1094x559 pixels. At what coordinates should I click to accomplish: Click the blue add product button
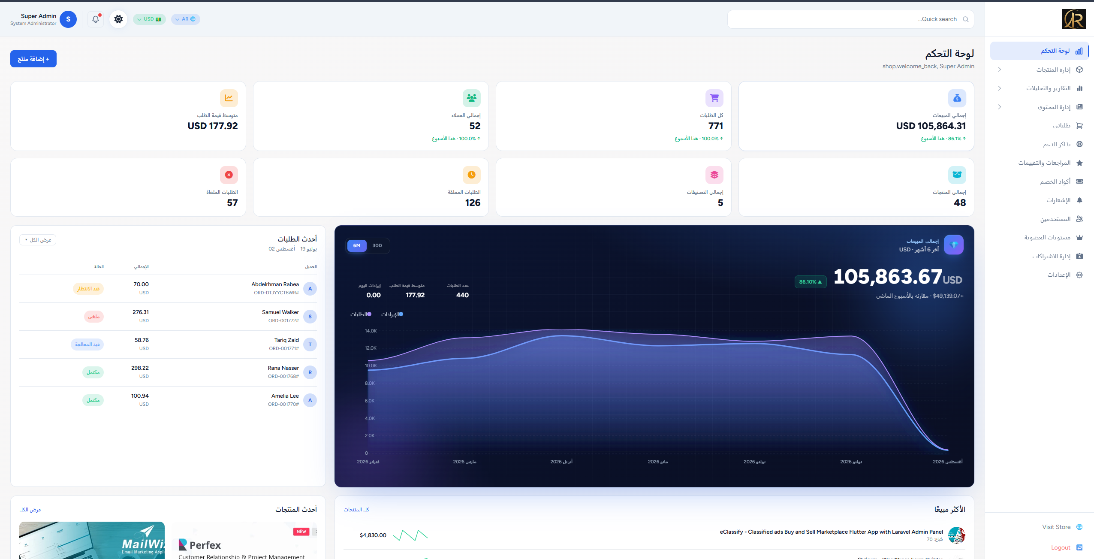point(33,59)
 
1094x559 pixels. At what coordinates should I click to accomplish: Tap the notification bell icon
point(96,19)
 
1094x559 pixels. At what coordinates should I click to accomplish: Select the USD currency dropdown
point(149,19)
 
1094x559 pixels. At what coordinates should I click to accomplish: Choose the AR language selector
point(186,19)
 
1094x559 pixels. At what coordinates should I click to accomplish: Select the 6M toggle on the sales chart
point(357,245)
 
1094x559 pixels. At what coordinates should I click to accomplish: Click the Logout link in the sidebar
point(1061,547)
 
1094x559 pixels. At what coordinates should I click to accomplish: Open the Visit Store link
point(1056,527)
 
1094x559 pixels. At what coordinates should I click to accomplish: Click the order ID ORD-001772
point(283,320)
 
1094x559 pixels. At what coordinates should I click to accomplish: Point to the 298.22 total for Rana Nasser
point(140,368)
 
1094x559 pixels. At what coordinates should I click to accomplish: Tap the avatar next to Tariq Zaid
point(310,344)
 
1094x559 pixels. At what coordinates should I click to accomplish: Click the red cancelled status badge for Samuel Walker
point(93,317)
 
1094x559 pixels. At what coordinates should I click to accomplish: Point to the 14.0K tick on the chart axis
point(371,331)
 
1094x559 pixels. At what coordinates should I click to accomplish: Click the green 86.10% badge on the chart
point(811,282)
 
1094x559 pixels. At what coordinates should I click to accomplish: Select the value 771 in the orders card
point(715,126)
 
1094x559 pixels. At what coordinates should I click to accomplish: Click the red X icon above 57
point(229,175)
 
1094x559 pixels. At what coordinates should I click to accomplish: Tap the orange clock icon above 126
point(472,175)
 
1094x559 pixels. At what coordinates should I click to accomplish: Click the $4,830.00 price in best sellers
point(373,535)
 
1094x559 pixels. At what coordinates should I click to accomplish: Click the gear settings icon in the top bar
point(118,19)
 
